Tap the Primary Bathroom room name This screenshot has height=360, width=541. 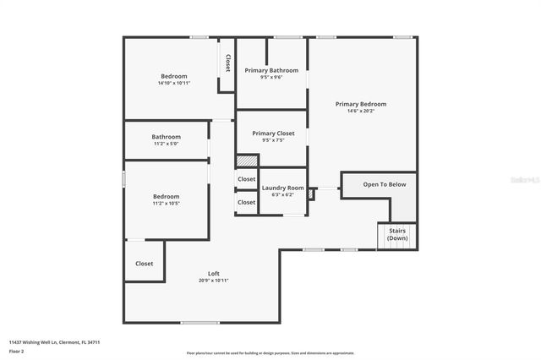coord(271,70)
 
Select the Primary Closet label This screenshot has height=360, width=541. coord(273,134)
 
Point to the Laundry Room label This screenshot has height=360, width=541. coord(282,188)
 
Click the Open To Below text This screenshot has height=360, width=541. coord(385,184)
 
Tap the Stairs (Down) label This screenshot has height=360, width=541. coord(397,234)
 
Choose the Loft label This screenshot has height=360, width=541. coord(214,273)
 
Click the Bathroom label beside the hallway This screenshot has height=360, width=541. coord(166,137)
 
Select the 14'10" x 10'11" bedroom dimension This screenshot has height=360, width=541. coord(174,83)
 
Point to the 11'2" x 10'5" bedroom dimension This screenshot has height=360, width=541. coord(166,204)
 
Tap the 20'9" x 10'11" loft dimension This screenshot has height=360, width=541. coord(214,281)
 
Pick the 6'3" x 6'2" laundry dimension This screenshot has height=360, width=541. coord(282,194)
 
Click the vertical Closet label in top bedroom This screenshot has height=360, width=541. coord(227,63)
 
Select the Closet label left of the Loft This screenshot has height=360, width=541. coord(145,264)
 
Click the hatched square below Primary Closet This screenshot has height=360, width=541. coord(245,161)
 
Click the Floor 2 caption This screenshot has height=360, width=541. coord(17,351)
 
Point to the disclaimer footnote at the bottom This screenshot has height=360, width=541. coord(270,353)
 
